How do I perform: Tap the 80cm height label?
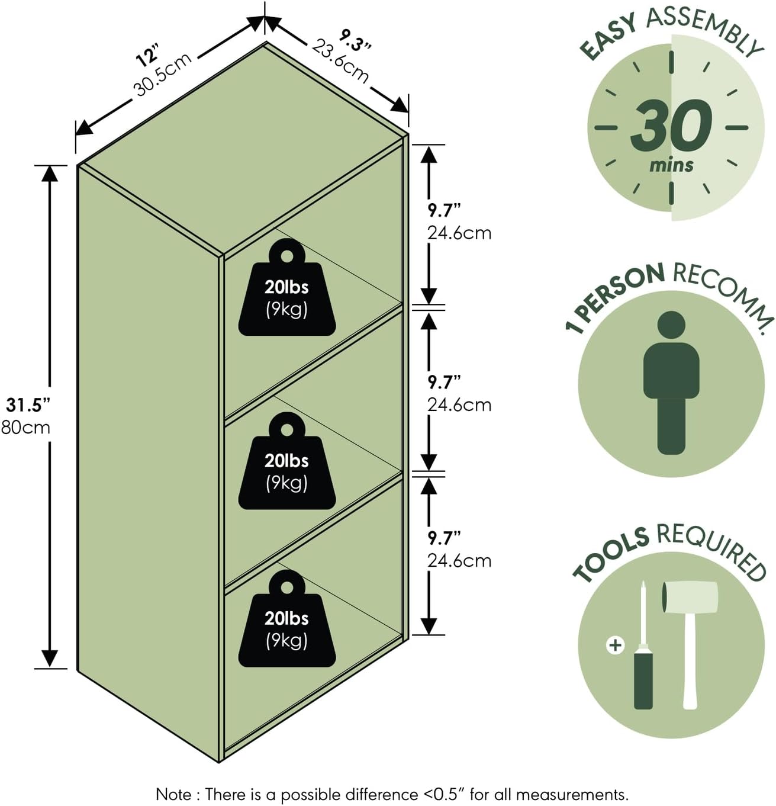click(x=25, y=427)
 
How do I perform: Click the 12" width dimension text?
click(x=147, y=57)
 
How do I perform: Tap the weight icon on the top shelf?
click(x=287, y=287)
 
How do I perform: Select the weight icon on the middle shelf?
click(x=287, y=461)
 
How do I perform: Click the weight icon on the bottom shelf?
click(x=287, y=618)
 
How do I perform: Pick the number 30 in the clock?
click(x=671, y=126)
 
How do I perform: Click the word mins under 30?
click(x=671, y=165)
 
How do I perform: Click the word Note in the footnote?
click(x=173, y=794)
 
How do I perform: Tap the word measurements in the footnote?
click(x=572, y=795)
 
